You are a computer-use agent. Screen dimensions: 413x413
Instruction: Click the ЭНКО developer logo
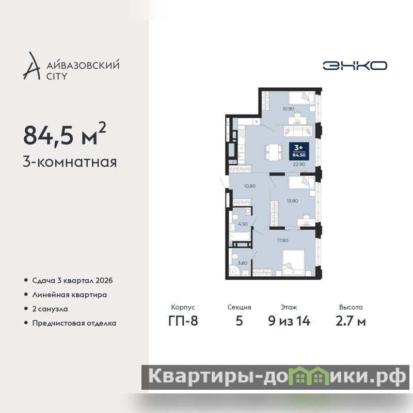(355, 66)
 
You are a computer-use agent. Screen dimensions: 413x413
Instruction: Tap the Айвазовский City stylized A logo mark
(32, 66)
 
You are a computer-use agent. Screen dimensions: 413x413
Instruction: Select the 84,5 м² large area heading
(65, 134)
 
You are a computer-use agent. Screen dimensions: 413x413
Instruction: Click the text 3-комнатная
(70, 162)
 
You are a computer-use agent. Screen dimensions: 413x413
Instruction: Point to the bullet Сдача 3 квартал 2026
(72, 280)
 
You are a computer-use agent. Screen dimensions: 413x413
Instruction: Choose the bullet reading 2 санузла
(50, 309)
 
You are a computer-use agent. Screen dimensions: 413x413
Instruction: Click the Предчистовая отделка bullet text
(74, 323)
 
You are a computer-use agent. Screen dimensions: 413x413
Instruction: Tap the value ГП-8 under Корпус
(183, 321)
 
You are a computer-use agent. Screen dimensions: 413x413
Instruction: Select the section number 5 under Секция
(239, 321)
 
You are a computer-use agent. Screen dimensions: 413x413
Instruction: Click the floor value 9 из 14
(289, 321)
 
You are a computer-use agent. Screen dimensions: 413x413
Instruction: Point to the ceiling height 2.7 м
(351, 321)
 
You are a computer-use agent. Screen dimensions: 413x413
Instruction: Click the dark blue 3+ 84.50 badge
(299, 151)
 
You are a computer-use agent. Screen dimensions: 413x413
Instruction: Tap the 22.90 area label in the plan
(299, 164)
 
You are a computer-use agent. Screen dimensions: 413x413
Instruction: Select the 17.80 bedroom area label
(282, 240)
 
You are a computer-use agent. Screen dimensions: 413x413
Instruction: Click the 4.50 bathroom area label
(243, 224)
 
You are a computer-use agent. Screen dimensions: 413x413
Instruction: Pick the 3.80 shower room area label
(243, 263)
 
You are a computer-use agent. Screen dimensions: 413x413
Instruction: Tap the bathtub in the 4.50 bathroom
(240, 236)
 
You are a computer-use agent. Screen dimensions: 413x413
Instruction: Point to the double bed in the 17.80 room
(294, 263)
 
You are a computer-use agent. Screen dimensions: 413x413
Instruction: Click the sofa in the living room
(298, 131)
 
